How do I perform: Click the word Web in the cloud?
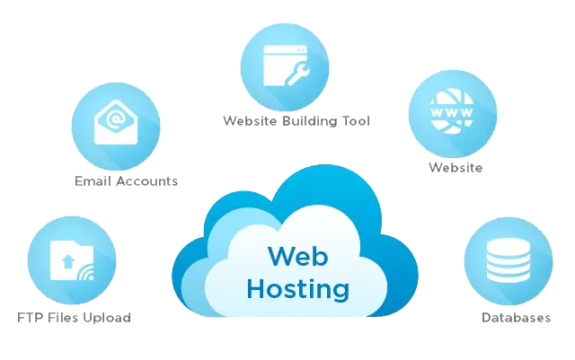point(296,256)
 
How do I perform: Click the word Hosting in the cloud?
point(296,289)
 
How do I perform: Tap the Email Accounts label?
point(126,180)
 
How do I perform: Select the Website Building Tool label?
point(296,120)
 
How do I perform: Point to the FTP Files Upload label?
point(74,317)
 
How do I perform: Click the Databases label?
point(516,317)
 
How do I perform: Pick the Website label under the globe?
point(456,168)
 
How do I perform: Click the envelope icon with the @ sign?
point(116,123)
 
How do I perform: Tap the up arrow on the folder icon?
point(67,262)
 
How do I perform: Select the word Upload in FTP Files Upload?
point(110,317)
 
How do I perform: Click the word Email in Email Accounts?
point(93,180)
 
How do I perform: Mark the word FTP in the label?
point(28,317)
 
